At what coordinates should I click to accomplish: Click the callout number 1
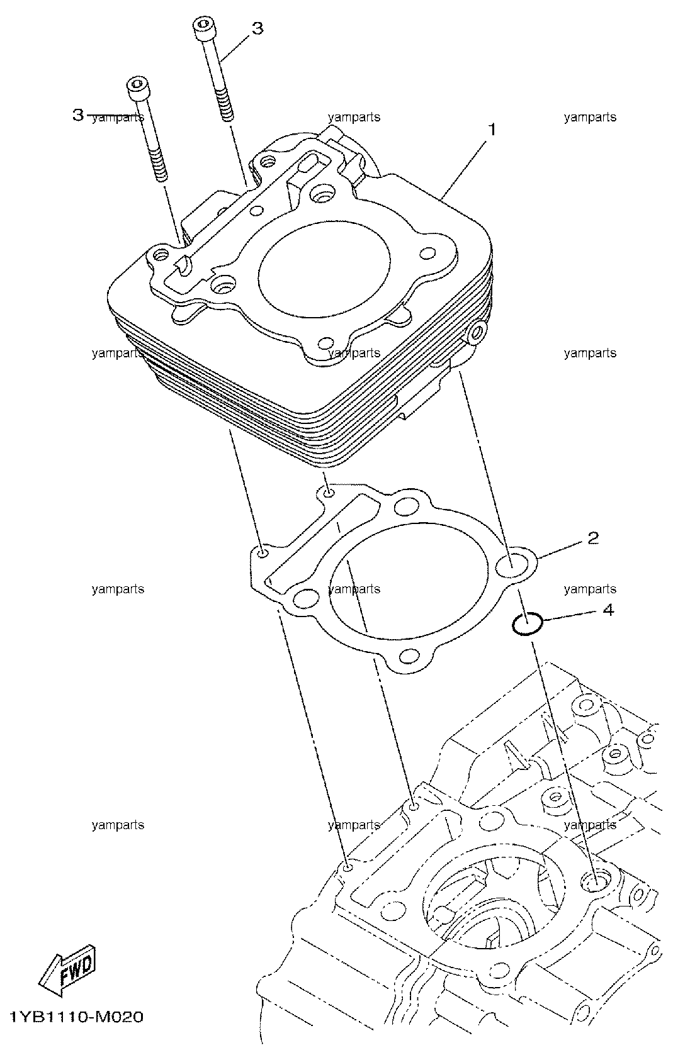coord(492,129)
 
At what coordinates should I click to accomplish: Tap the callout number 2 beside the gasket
coord(593,538)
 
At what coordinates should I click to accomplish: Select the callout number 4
coord(608,610)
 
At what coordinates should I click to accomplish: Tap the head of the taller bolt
coord(203,28)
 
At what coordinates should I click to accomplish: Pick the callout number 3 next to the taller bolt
coord(257,28)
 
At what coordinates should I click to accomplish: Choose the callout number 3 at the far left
coord(78,114)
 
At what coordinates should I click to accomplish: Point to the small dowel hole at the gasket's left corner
coord(262,552)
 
